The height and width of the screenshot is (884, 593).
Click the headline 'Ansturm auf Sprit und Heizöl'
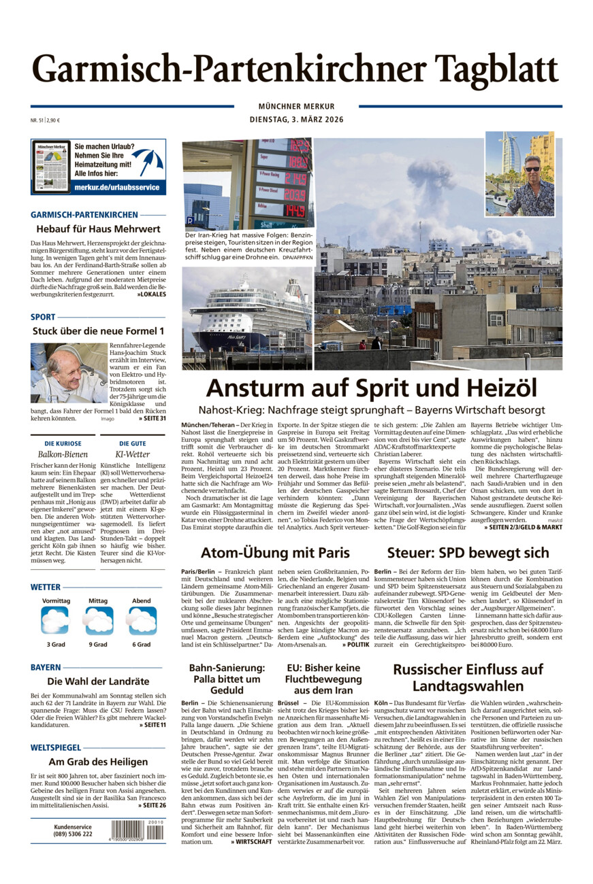[371, 388]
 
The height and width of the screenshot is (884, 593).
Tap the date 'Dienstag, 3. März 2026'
[296, 120]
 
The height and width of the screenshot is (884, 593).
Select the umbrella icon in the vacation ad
[148, 161]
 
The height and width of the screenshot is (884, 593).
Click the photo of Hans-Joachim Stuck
[68, 373]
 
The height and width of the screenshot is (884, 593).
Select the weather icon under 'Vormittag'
[55, 620]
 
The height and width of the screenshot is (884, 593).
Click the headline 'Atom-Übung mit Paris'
[275, 553]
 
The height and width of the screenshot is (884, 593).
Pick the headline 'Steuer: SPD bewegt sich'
[468, 553]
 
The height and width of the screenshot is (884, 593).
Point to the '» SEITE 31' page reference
[151, 418]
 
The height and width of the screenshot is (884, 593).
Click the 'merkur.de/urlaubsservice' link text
[117, 186]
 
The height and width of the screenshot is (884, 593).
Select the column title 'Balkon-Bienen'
[63, 453]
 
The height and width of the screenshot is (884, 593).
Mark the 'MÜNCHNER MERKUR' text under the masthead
[296, 106]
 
